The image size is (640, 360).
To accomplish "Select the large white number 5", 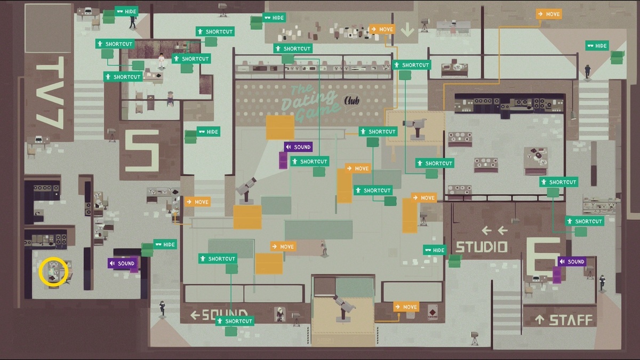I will [x=142, y=149].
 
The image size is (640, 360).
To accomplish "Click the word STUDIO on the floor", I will [x=481, y=247].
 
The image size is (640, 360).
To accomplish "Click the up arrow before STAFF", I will [x=540, y=320].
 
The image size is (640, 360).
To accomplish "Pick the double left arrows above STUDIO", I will [x=494, y=230].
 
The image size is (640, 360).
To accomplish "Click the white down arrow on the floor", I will [x=407, y=29].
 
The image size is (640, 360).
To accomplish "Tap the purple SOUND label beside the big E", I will [x=572, y=261].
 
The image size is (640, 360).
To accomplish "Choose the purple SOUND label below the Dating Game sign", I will [x=298, y=147].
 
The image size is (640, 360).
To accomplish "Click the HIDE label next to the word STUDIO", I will [x=435, y=250].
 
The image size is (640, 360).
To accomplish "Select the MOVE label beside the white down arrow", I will [x=382, y=29].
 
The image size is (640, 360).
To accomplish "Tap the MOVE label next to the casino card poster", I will [x=406, y=307].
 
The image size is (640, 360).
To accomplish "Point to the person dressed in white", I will [x=161, y=59].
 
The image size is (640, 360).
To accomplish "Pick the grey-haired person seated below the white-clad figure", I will [x=170, y=97].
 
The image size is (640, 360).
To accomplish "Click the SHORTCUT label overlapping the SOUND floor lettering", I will [x=234, y=321].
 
